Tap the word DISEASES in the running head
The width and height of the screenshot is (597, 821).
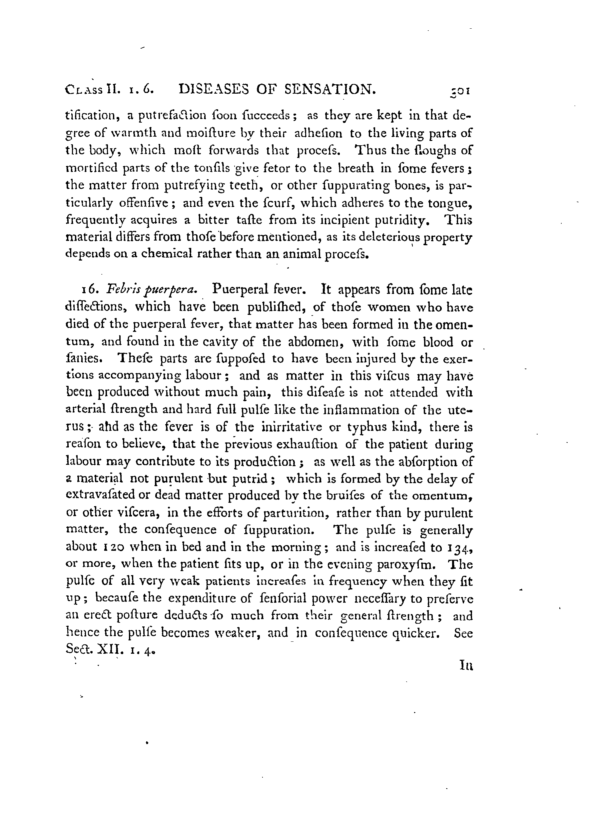pos(214,89)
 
